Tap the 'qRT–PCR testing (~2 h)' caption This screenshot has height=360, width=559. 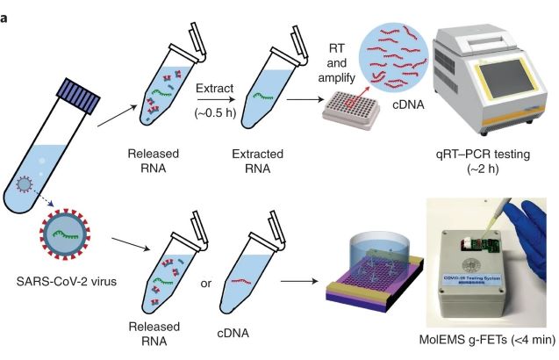(484, 162)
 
